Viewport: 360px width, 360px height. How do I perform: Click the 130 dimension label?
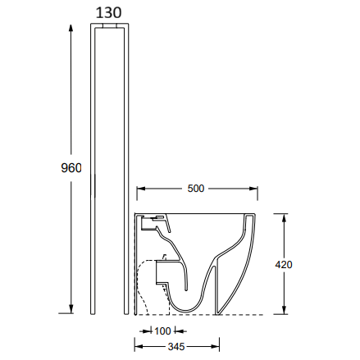pos(108,12)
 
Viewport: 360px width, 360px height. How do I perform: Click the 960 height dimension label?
pos(71,168)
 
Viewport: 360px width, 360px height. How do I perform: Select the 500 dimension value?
pos(196,189)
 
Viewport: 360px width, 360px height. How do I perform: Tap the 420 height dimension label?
pos(284,265)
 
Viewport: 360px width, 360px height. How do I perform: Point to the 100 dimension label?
pos(162,331)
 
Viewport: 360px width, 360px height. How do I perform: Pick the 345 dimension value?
pos(176,347)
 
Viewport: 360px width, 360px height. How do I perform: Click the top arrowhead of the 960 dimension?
pos(71,29)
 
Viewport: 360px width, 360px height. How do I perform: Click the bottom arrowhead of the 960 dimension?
pos(71,309)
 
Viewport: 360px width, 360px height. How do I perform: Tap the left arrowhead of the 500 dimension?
pos(141,189)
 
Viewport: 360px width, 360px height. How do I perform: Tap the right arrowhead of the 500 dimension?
pos(253,189)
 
